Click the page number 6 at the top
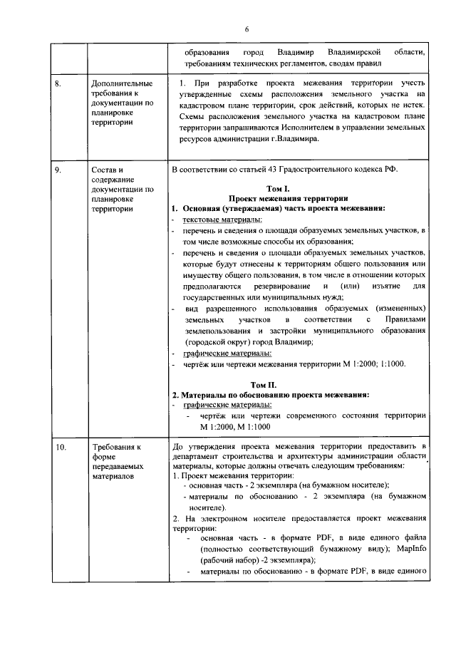[247, 29]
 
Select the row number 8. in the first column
[61, 85]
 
